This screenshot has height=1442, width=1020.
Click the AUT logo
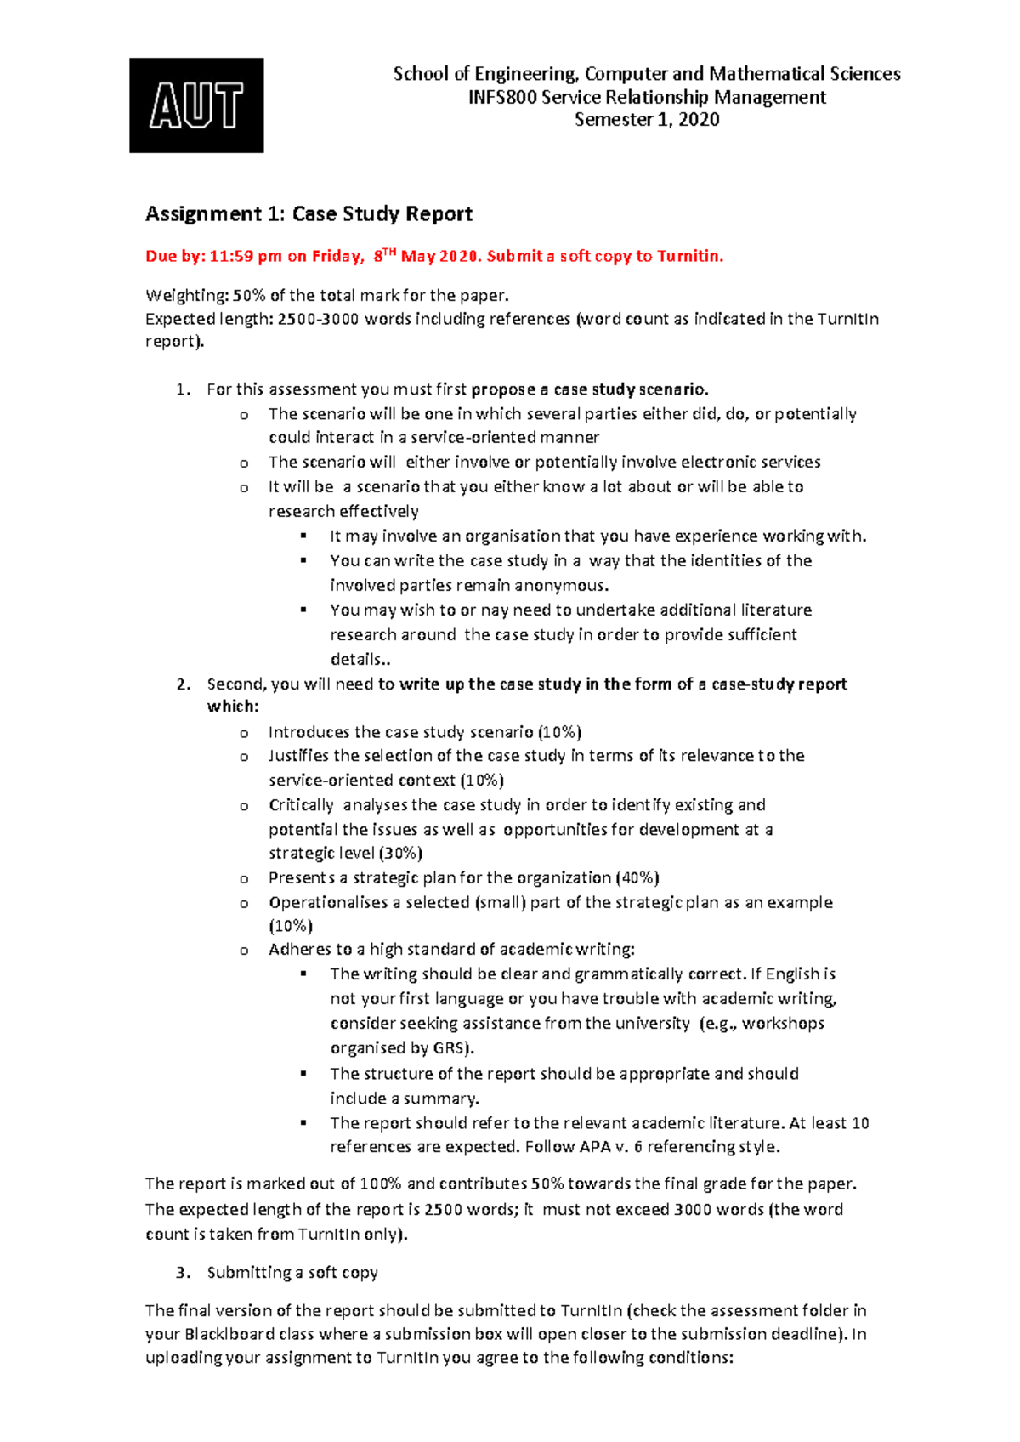[196, 105]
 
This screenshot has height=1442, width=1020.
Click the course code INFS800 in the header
[502, 97]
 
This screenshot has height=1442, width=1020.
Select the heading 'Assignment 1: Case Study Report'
[309, 213]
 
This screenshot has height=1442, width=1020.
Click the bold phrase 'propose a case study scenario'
[588, 389]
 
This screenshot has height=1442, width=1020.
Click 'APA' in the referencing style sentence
[595, 1146]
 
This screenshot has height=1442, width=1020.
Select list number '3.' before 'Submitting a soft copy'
[183, 1272]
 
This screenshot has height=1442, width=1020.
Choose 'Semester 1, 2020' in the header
[647, 119]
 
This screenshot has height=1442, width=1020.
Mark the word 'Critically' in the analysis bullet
[301, 804]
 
